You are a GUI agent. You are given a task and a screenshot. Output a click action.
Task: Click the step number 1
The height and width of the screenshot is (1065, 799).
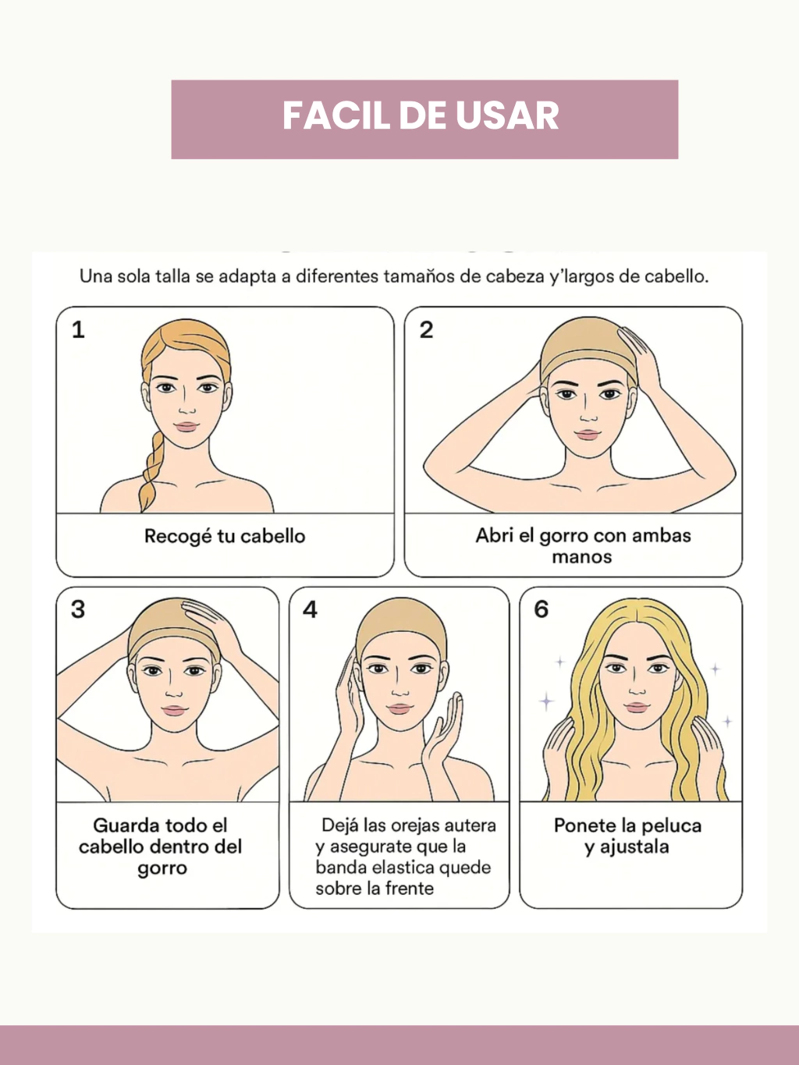pyautogui.click(x=78, y=330)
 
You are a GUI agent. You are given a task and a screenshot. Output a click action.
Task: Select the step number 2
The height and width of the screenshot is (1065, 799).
pyautogui.click(x=426, y=330)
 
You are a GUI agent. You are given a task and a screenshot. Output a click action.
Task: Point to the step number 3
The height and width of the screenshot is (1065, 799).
pyautogui.click(x=78, y=609)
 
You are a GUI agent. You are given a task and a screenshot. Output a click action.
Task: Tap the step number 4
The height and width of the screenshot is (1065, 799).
pyautogui.click(x=310, y=609)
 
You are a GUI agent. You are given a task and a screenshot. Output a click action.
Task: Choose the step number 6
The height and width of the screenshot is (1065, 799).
pyautogui.click(x=541, y=609)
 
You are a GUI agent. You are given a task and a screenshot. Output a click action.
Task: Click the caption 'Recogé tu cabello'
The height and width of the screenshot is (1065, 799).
pyautogui.click(x=225, y=537)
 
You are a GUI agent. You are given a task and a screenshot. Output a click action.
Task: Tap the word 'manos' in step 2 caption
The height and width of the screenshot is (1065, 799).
pyautogui.click(x=581, y=556)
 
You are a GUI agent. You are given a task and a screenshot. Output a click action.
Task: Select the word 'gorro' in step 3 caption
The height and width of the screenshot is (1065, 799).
pyautogui.click(x=162, y=869)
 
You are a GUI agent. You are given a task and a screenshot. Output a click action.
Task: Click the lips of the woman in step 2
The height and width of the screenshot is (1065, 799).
pyautogui.click(x=588, y=435)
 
